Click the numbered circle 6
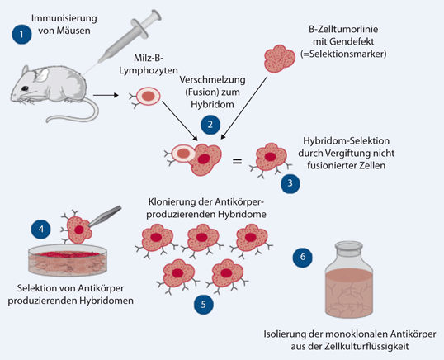coord(303,258)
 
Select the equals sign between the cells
coord(237,160)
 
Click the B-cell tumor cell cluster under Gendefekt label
coord(281,57)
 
